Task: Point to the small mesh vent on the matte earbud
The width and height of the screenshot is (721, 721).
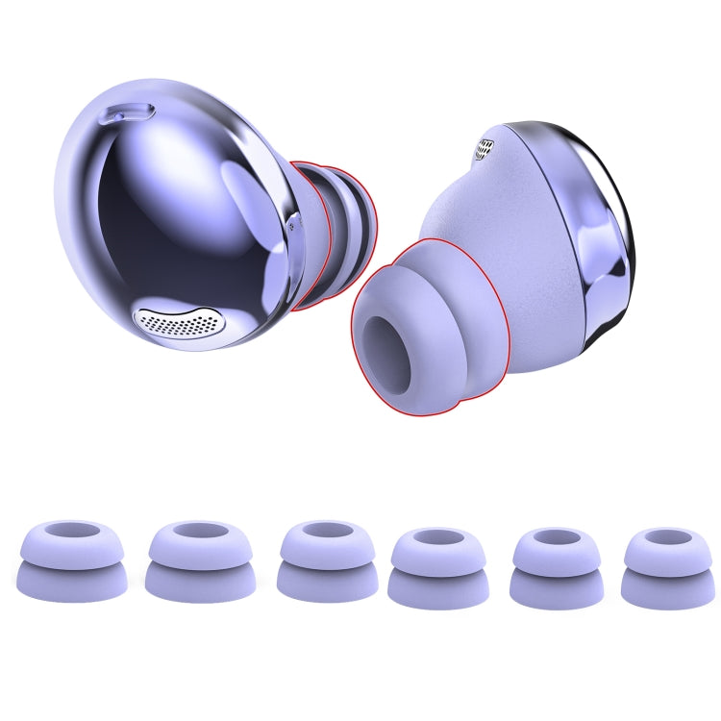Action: [x=486, y=147]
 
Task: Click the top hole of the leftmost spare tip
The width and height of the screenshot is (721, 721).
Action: [x=72, y=532]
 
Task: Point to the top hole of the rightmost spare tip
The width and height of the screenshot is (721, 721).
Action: [x=657, y=537]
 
